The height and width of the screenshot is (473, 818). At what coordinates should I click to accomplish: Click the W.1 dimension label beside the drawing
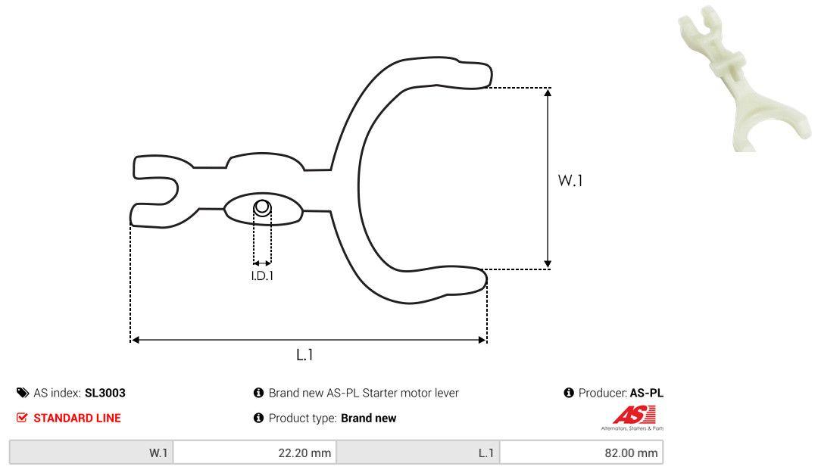[570, 181]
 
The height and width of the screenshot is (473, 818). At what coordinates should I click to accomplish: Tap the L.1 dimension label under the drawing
[304, 354]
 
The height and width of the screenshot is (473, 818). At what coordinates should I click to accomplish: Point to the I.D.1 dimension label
[262, 275]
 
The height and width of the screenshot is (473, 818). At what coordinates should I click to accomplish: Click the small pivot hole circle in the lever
[261, 207]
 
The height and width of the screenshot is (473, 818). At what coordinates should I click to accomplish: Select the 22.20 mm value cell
[254, 453]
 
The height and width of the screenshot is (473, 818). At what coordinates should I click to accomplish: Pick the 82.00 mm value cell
[581, 453]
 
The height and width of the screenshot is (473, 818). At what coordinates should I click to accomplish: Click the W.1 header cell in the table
[92, 453]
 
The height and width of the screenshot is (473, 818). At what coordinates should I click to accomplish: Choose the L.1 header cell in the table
[418, 453]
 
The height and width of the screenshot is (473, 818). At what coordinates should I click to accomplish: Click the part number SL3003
[105, 393]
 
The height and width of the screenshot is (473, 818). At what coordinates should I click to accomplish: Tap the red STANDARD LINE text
[76, 418]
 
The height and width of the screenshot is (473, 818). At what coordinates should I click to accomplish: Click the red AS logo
[635, 415]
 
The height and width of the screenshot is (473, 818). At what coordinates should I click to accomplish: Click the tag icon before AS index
[22, 393]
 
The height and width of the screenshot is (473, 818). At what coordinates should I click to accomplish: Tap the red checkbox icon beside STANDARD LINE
[22, 418]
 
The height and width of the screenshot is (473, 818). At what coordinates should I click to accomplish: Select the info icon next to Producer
[569, 393]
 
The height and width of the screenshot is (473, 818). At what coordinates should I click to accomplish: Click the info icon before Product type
[258, 418]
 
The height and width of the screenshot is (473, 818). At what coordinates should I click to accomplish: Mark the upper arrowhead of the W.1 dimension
[548, 92]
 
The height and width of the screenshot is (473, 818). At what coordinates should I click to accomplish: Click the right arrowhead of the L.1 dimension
[482, 340]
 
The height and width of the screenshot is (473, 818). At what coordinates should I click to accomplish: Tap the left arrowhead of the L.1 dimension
[136, 340]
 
